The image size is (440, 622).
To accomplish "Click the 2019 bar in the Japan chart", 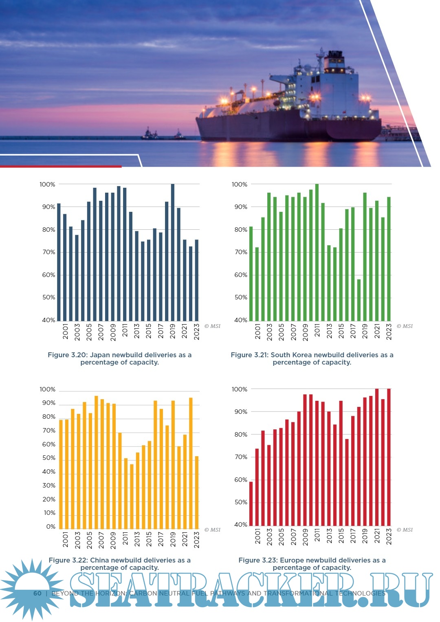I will tap(173, 253).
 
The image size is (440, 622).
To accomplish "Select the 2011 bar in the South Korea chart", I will tap(317, 253).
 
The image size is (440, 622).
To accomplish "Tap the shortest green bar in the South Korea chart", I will tap(359, 300).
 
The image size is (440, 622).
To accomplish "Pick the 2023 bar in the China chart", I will tap(197, 492).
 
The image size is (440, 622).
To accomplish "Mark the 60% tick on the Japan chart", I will tap(48, 275).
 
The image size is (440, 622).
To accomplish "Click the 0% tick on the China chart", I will tap(51, 527).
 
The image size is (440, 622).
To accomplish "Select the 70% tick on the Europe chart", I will tap(241, 457).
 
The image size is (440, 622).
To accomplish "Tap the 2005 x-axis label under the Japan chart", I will tap(89, 332).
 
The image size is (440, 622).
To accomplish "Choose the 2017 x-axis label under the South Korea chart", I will tap(353, 332).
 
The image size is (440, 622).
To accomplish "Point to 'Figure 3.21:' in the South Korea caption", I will tap(249, 355).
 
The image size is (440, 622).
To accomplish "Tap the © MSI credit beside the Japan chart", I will tap(212, 326).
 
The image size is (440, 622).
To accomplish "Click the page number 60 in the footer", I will tap(37, 593).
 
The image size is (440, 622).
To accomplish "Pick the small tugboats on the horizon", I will tap(163, 134).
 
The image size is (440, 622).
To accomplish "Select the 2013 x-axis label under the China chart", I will tap(137, 538).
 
